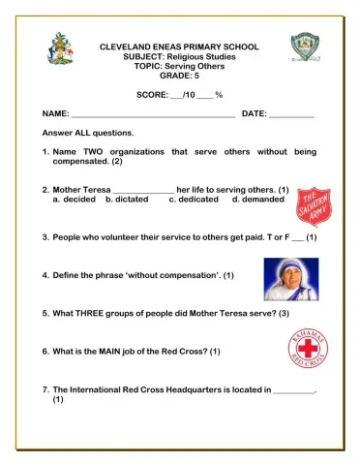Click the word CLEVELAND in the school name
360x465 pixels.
tap(124, 46)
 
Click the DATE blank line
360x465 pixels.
tap(290, 114)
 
